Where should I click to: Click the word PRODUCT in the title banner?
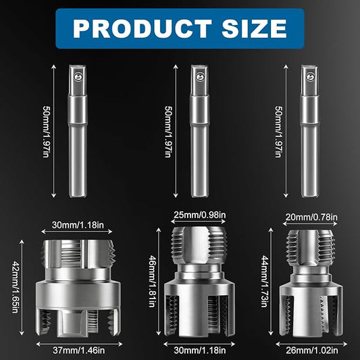(143, 28)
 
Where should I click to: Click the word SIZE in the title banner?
(254, 28)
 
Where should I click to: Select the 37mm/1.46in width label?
(79, 351)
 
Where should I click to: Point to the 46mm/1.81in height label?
(153, 281)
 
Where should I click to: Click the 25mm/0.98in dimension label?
(199, 215)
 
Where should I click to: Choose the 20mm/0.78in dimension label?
(311, 217)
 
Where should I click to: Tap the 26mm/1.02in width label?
(312, 351)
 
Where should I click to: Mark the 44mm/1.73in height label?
(265, 281)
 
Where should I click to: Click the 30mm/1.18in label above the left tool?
(78, 225)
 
